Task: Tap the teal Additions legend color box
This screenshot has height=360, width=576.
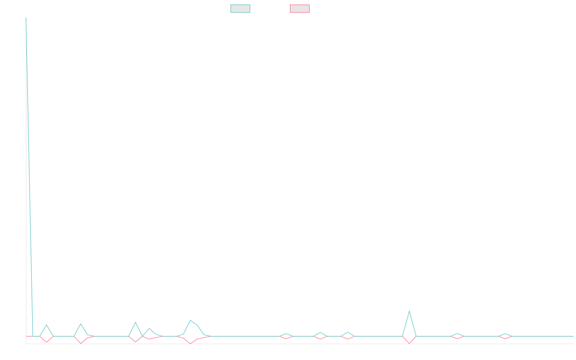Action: [240, 9]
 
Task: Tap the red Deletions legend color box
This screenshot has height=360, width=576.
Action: [300, 9]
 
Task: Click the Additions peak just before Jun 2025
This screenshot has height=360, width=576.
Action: [409, 311]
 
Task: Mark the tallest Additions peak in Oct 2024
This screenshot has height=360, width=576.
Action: [190, 320]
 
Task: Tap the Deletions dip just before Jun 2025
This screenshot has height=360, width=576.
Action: [409, 343]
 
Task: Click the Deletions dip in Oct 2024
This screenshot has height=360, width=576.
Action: [190, 344]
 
